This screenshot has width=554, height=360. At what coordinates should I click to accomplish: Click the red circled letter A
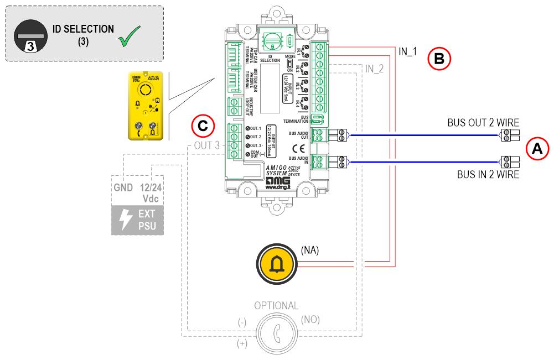[x=537, y=148]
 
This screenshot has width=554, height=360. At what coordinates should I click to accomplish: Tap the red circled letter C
[x=203, y=126]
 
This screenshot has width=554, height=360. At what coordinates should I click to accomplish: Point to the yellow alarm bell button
[x=275, y=265]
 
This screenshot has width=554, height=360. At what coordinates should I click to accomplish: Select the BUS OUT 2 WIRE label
[x=483, y=123]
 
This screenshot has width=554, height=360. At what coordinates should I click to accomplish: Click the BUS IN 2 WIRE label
[x=488, y=175]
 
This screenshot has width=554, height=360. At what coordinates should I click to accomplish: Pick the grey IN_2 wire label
[x=375, y=69]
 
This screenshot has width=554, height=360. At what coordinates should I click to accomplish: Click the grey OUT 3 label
[x=208, y=145]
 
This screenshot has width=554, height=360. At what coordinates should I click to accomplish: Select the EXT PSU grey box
[x=138, y=219]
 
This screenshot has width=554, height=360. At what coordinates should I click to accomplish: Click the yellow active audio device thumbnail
[x=147, y=105]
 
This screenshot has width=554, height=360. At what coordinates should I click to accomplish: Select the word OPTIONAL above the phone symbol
[x=276, y=306]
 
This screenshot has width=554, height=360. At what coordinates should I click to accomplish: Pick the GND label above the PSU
[x=123, y=187]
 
